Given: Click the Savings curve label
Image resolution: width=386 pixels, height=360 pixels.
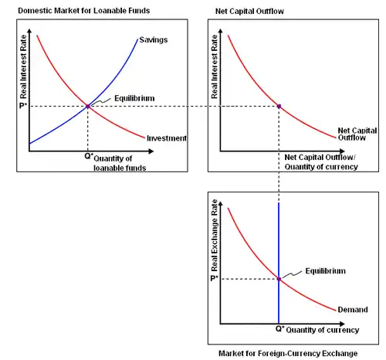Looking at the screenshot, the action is point(154,40).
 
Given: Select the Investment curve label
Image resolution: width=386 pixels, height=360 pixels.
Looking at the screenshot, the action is point(167,138).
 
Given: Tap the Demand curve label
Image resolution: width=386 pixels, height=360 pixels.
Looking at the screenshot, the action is point(353,310).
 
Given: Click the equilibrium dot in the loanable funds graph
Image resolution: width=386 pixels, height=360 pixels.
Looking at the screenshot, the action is point(88,106).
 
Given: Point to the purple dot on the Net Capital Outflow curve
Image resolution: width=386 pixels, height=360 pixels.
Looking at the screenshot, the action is point(279,106).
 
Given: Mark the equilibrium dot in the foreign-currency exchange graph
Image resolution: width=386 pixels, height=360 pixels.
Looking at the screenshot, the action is point(279,279).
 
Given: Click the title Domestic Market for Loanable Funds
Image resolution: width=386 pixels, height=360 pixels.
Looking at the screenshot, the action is point(84,11).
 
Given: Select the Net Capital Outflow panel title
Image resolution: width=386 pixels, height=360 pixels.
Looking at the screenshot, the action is point(249,11).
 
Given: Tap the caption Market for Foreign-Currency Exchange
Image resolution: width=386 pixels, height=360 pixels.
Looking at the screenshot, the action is point(288,353).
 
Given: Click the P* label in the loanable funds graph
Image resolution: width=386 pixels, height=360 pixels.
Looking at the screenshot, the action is point(23,106).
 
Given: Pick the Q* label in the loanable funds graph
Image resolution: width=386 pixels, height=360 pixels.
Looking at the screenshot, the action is point(89,156).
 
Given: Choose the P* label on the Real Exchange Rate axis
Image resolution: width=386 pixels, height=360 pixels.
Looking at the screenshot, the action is point(214,278).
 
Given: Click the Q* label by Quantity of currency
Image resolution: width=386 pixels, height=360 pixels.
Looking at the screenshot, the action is point(280,328).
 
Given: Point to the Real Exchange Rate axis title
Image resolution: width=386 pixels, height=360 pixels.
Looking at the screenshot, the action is point(215,236).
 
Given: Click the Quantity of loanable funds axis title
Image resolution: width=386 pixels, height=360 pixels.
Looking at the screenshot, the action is point(120,163).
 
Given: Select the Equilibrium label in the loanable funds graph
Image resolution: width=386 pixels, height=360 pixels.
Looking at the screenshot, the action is point(134,98).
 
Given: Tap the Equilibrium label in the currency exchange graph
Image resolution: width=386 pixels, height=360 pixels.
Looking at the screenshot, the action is point(326,271).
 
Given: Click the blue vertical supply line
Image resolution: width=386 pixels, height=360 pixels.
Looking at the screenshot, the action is point(279,263).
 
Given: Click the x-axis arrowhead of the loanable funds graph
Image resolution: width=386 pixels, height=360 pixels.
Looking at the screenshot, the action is point(151,151).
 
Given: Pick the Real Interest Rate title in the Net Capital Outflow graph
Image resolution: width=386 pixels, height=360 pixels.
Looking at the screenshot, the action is point(215,66).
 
